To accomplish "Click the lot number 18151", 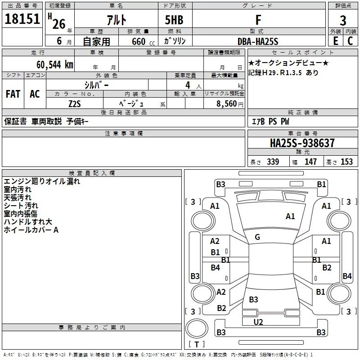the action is point(22,19).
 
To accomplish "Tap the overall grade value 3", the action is point(343,21).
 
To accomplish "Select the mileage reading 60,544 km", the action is point(55,65).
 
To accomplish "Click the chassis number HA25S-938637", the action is point(302,143).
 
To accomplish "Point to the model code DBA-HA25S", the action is point(258,41).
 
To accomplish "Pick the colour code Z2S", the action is point(75,104).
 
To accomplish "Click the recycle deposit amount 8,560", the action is point(227,104).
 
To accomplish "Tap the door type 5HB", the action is point(174,20).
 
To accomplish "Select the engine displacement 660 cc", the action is point(143,42).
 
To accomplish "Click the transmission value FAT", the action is point(13,94).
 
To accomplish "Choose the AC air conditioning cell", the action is point(35,94).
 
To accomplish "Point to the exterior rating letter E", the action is point(336,41).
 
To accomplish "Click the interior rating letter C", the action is point(350,41).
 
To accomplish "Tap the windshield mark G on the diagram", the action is point(257,237).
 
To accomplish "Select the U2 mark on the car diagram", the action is point(258,322).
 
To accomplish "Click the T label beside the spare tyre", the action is point(197,344).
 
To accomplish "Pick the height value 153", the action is point(346,162).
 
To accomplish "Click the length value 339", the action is point(273,162).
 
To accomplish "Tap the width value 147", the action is point(310,162).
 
